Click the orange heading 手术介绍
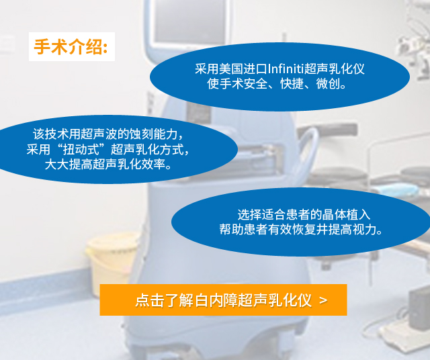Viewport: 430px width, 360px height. pos(71,47)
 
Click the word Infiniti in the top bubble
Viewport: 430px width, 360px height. pos(286,69)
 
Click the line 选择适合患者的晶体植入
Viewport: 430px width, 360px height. pos(304,214)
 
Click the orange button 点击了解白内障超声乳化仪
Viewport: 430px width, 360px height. pos(223,300)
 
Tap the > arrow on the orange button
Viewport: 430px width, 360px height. pos(323,300)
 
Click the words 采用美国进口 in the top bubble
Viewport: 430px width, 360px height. pos(231,69)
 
